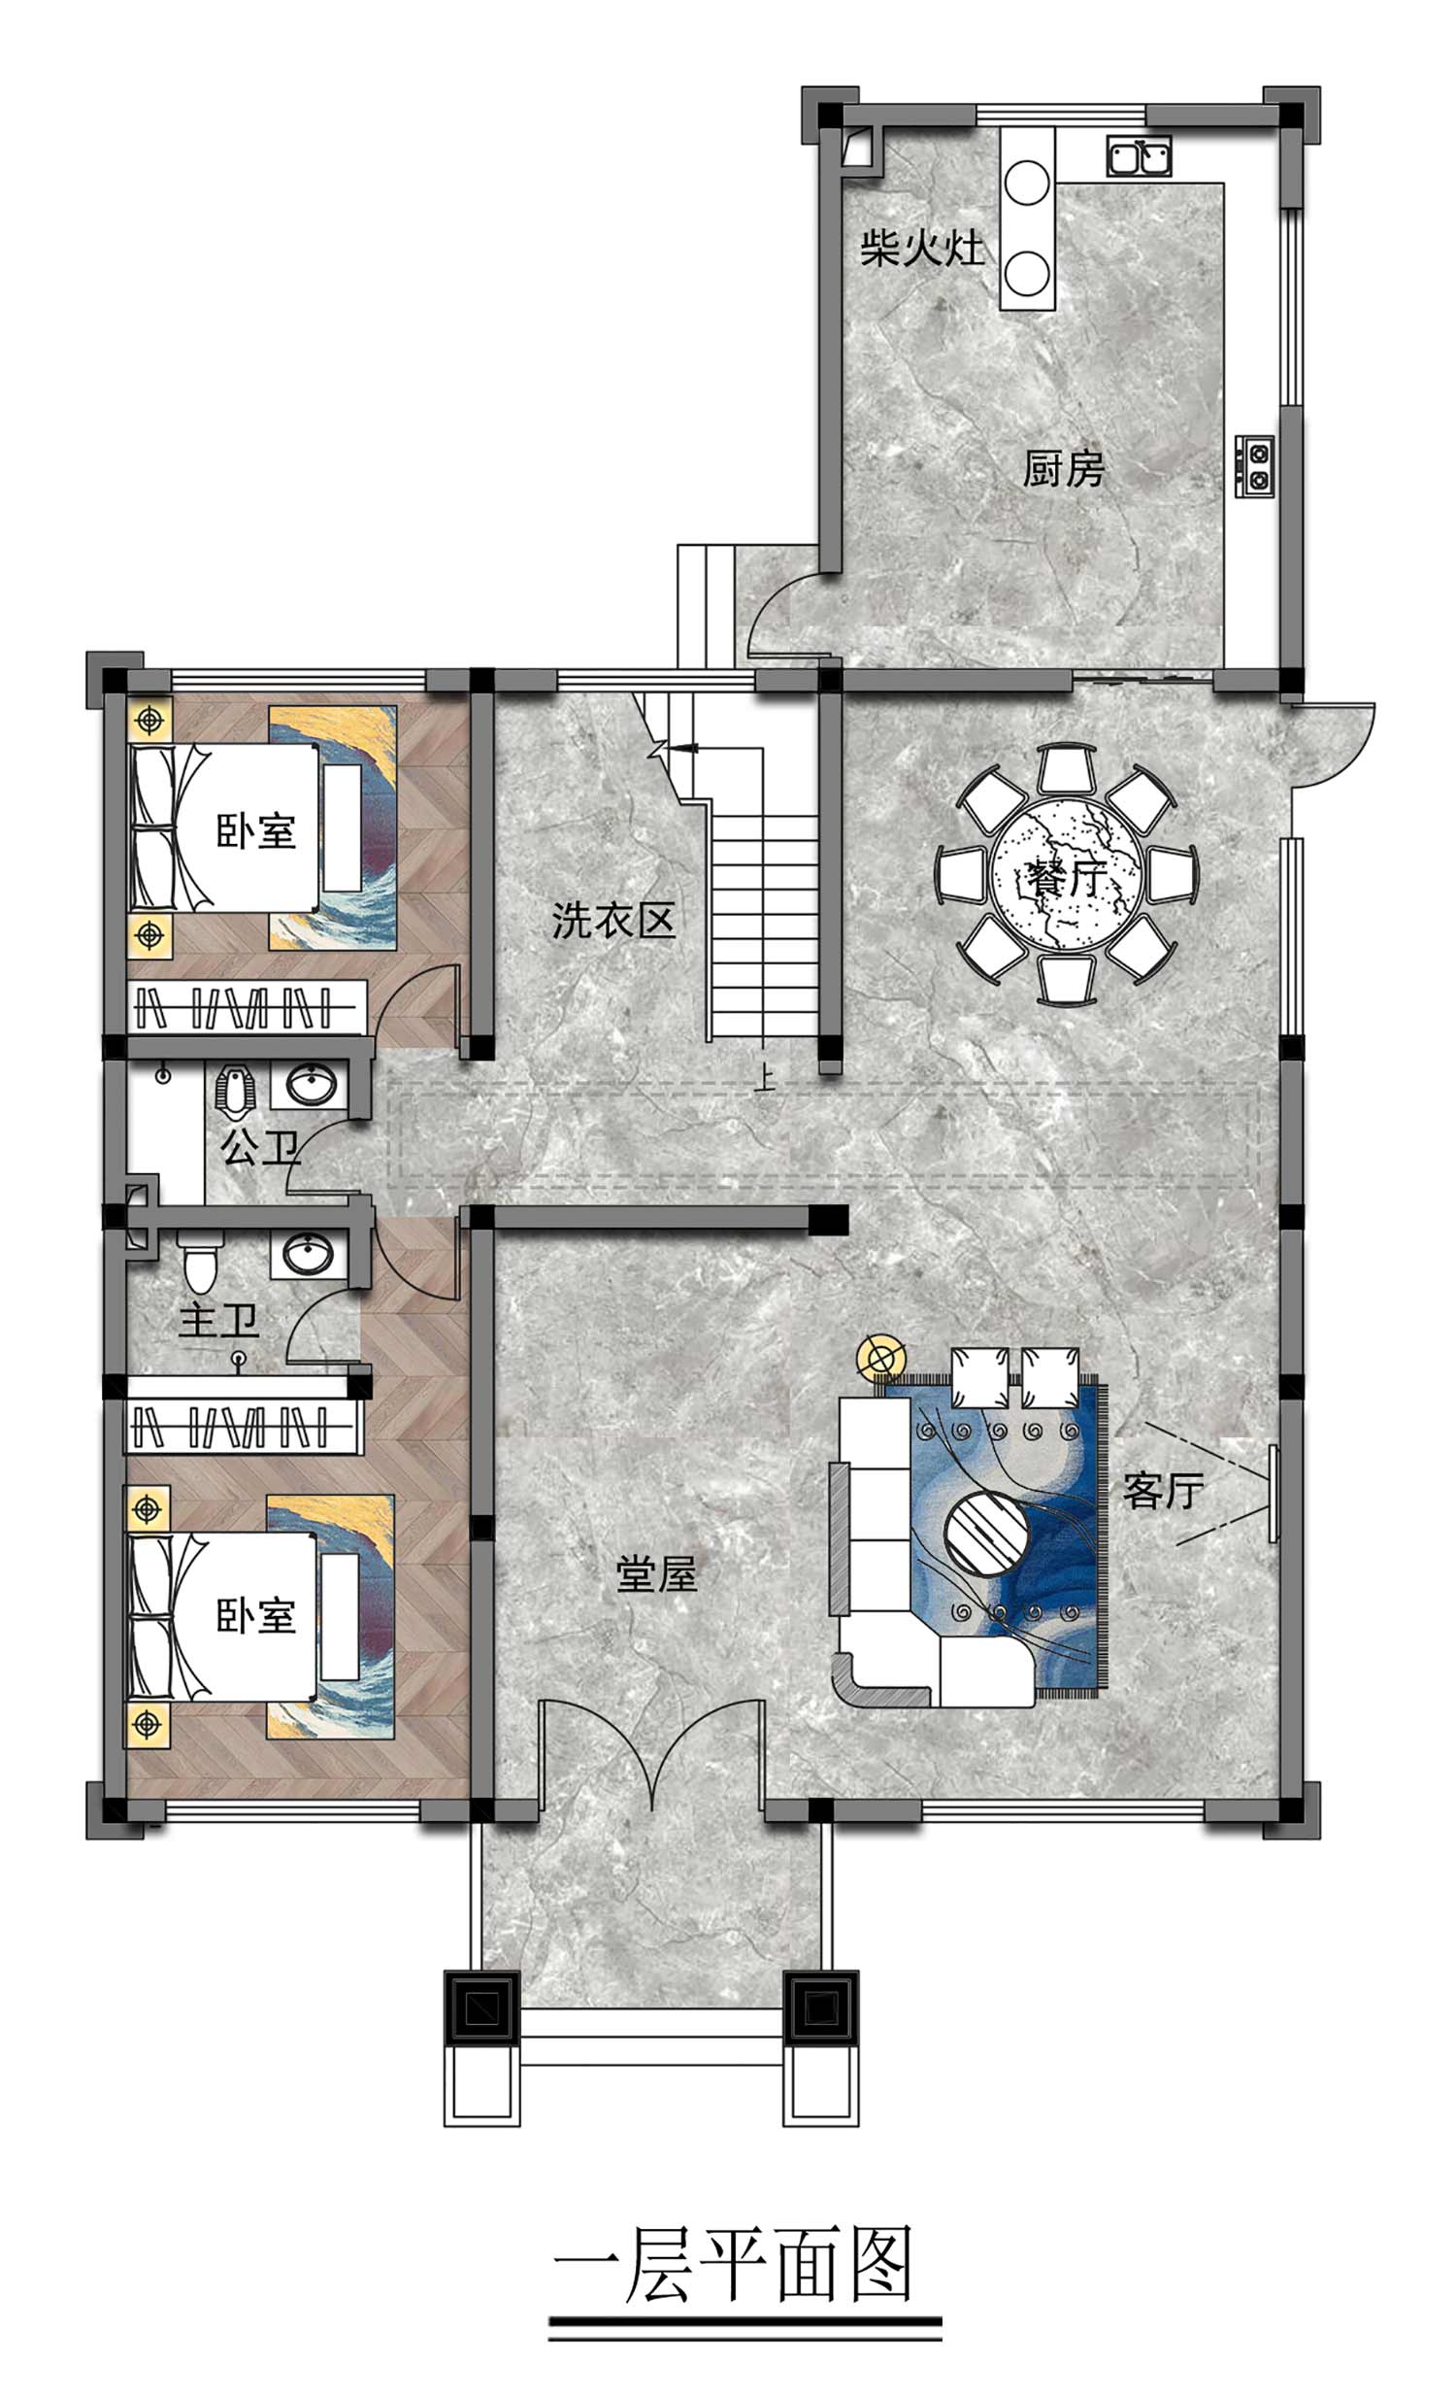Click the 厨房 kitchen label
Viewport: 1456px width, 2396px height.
pyautogui.click(x=1063, y=469)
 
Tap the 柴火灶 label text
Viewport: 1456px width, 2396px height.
pyautogui.click(x=921, y=248)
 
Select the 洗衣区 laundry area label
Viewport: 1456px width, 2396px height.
pyautogui.click(x=613, y=920)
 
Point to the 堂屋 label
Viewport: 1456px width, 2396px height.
pyautogui.click(x=656, y=1573)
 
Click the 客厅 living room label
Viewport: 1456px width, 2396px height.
pyautogui.click(x=1164, y=1491)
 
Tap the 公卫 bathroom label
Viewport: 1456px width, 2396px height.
pyautogui.click(x=259, y=1147)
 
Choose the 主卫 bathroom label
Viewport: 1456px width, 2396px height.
pyautogui.click(x=218, y=1322)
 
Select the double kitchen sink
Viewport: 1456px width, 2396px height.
pyautogui.click(x=1140, y=155)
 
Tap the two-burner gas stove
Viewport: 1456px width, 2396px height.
pyautogui.click(x=1255, y=466)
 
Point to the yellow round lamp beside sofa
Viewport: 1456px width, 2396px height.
pyautogui.click(x=880, y=1358)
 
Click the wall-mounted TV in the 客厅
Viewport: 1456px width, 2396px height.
pyautogui.click(x=1273, y=1493)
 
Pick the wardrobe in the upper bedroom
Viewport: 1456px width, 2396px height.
pyautogui.click(x=247, y=1006)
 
